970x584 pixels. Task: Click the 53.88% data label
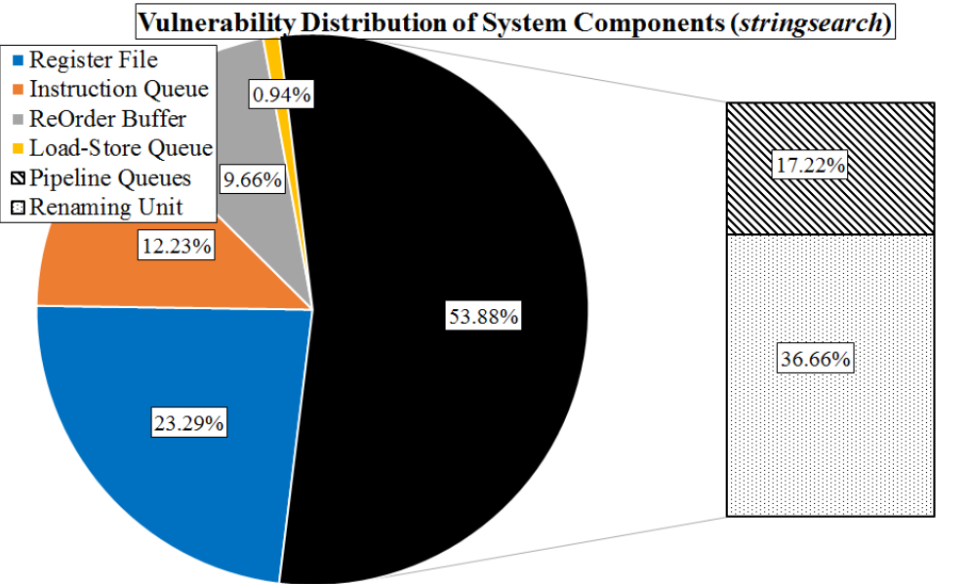(483, 318)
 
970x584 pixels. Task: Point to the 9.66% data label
(253, 179)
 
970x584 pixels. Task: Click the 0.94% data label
(282, 96)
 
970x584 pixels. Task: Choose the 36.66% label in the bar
(815, 360)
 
